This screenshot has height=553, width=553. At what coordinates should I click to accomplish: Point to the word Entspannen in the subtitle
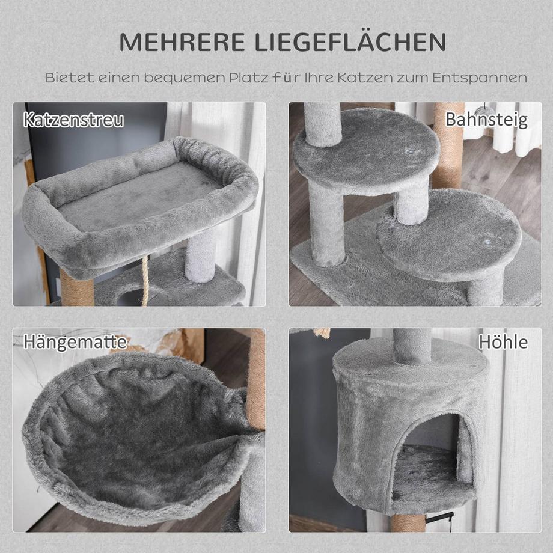coord(485,78)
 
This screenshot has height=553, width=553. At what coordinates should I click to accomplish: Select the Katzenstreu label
coord(74,119)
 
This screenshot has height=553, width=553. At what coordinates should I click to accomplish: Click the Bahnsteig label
coord(486,119)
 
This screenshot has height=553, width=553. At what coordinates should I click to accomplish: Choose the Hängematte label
coord(75,342)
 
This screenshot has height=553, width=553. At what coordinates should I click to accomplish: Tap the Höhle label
coord(503,342)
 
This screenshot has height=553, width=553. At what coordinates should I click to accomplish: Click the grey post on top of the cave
coord(412,346)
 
